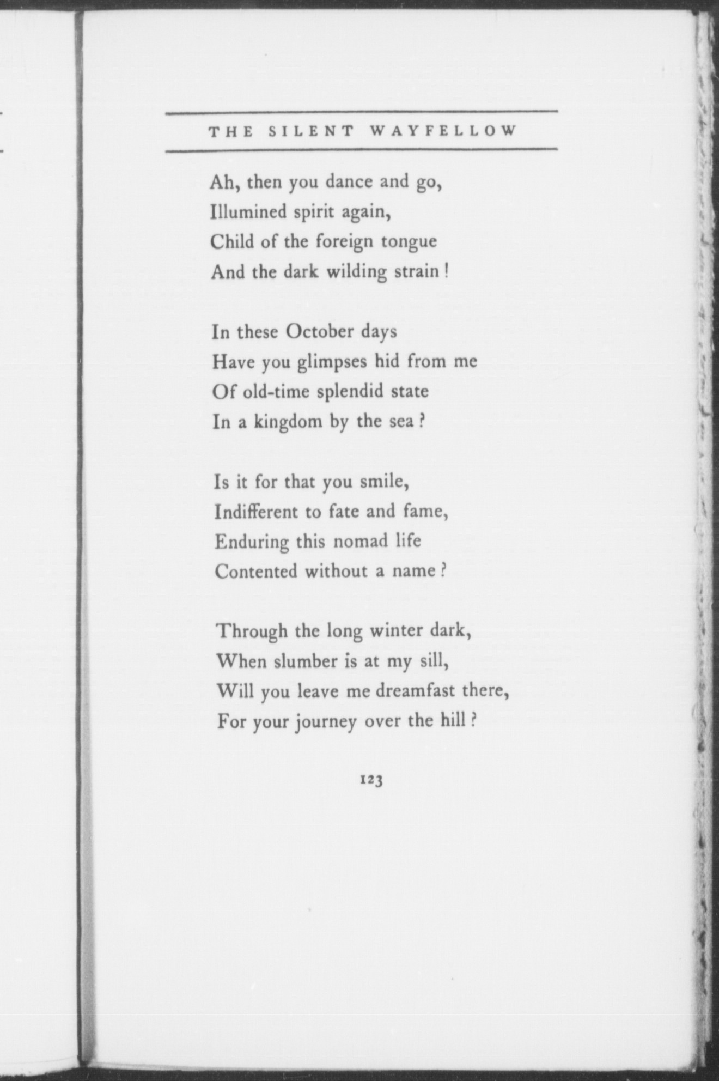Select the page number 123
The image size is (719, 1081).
(371, 780)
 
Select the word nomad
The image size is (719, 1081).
(359, 542)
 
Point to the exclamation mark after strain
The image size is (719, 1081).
(446, 271)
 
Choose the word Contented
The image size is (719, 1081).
(256, 572)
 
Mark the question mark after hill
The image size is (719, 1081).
(474, 721)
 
